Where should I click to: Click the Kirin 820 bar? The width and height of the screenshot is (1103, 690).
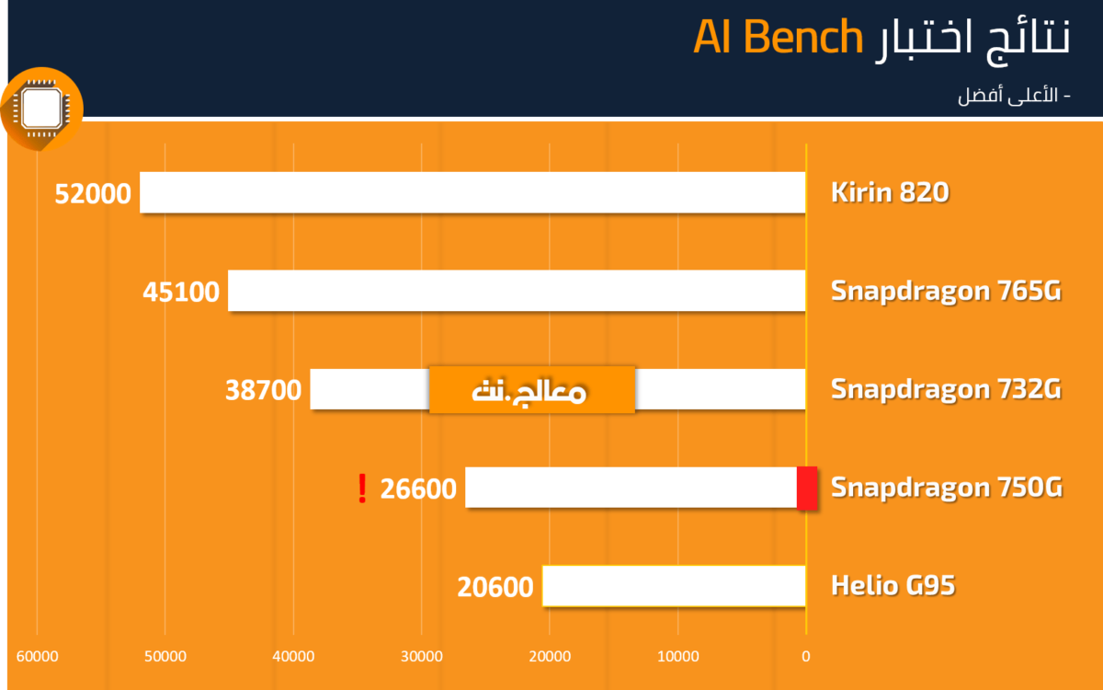[x=472, y=192]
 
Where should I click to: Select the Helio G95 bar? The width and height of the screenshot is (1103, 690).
[x=674, y=586]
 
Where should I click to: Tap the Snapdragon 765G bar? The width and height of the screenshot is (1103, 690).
[x=517, y=291]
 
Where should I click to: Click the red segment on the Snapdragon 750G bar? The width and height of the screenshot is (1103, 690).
[x=807, y=488]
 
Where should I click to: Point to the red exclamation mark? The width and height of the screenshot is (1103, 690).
[x=362, y=489]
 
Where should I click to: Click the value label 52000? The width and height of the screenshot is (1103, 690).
[x=93, y=194]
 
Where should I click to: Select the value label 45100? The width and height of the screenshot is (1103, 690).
[x=181, y=292]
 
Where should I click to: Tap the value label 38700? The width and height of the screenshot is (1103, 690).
[x=263, y=390]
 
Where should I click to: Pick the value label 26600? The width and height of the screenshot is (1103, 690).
[x=418, y=489]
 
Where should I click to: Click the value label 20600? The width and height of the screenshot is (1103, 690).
[x=495, y=587]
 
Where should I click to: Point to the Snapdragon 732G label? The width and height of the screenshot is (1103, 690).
[x=946, y=389]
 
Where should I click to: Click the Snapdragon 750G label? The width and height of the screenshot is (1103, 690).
[x=947, y=488]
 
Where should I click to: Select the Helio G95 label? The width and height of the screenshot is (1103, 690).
[x=893, y=585]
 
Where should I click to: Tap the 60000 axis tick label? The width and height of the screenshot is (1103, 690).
[x=38, y=657]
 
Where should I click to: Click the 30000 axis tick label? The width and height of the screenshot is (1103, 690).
[x=422, y=657]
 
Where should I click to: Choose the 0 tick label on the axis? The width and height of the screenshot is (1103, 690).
[x=805, y=657]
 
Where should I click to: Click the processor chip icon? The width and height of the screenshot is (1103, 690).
[x=41, y=109]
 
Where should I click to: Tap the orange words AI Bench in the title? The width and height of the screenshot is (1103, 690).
[x=778, y=37]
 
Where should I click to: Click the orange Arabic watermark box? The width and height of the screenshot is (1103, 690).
[x=532, y=390]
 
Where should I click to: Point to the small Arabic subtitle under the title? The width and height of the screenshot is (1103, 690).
[x=1014, y=95]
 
